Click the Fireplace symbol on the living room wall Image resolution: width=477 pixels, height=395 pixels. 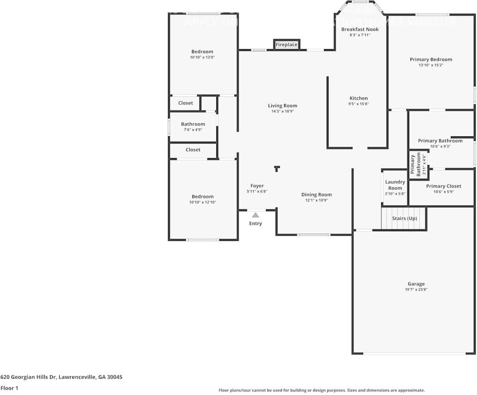pos(286,45)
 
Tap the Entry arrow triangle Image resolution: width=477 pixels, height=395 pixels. pos(255,215)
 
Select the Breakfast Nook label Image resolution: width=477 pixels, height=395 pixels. pos(360,30)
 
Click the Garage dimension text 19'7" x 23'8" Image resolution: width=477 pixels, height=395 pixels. pos(416,290)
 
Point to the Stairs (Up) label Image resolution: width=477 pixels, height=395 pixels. pos(404,218)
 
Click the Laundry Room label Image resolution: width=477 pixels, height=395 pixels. pos(395,185)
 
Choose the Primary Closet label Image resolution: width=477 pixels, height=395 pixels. pos(443,186)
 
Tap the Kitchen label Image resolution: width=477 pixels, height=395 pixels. pos(358,98)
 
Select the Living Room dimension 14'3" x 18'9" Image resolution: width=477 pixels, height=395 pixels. pos(282,112)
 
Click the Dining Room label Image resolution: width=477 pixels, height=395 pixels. pos(316,194)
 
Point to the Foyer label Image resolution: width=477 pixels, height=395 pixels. pos(257,186)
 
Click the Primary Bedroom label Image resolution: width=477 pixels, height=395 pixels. pos(430,59)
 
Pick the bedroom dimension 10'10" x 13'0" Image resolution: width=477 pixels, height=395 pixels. pos(202,57)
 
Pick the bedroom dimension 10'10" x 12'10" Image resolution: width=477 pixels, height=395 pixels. pos(203,202)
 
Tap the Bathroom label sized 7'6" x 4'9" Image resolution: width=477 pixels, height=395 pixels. pos(193,124)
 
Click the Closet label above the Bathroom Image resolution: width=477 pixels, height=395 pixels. pos(185,103)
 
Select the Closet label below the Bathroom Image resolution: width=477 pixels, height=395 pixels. pos(193,150)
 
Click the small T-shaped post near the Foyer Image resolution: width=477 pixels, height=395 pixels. pos(277,168)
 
